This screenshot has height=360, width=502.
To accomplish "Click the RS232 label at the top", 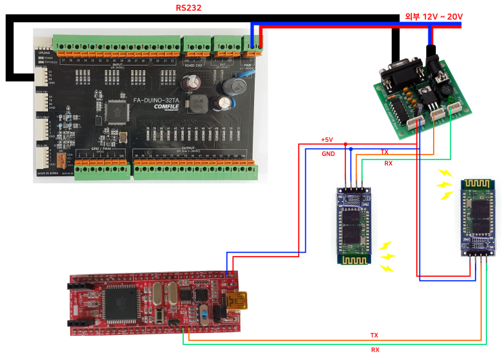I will [189, 8].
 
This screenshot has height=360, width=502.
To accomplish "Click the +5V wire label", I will [326, 140].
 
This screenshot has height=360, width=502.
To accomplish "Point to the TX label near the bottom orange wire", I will [374, 335].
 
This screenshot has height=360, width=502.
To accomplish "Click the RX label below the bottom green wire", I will [375, 350].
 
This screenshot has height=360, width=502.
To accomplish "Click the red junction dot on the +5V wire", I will [345, 144].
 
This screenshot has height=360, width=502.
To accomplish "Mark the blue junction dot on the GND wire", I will [351, 149].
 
